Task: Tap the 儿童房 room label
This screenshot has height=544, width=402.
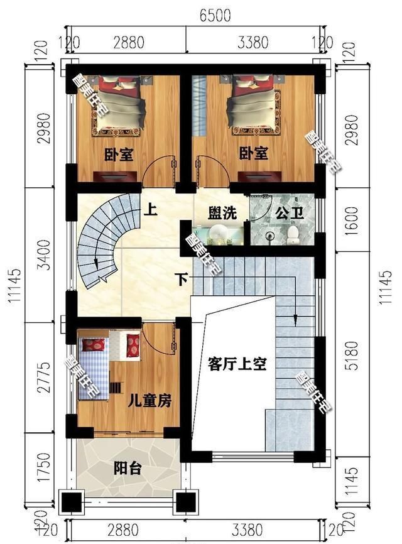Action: [149, 400]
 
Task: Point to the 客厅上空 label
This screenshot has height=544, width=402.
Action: [237, 364]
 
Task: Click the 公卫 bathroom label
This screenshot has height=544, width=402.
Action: [290, 212]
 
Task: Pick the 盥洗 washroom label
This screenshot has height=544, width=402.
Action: [223, 212]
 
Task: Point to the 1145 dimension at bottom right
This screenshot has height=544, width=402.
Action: [352, 479]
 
